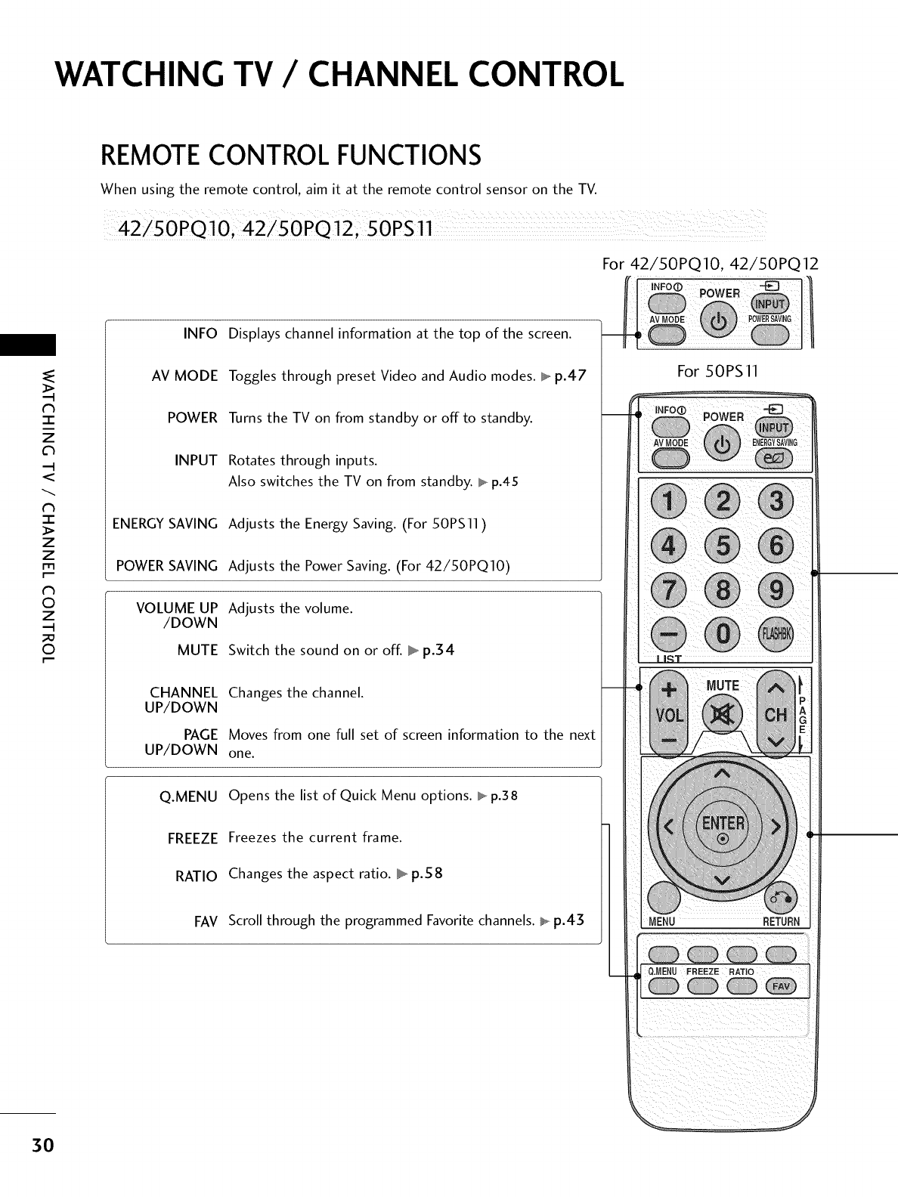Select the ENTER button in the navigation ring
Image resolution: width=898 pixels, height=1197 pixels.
tap(723, 825)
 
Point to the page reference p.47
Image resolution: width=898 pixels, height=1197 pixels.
tap(570, 376)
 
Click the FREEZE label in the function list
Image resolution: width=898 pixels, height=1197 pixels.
tap(192, 839)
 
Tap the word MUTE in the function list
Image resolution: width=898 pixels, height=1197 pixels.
tap(197, 651)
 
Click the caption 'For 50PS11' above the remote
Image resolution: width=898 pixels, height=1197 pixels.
tap(717, 371)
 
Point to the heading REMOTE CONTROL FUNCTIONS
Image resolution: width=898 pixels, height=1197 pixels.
tap(290, 156)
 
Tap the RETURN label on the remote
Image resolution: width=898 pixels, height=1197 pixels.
tap(781, 922)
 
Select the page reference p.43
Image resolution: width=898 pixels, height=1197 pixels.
tap(568, 920)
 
